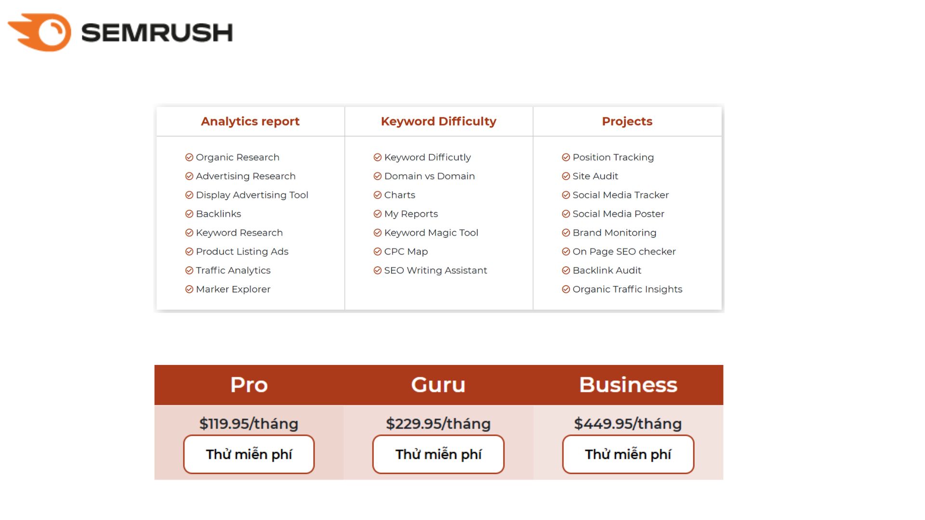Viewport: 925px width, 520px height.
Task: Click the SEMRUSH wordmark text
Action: (157, 33)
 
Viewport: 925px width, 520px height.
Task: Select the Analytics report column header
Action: (250, 121)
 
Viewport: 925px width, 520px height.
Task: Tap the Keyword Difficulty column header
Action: (438, 121)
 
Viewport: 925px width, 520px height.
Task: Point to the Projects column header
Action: (627, 121)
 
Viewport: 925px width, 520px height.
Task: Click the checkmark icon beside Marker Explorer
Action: (189, 289)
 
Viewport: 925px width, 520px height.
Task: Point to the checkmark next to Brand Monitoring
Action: (566, 233)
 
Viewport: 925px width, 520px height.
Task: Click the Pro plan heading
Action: (249, 385)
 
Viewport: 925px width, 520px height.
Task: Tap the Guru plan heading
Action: (438, 385)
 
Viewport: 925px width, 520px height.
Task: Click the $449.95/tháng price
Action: (628, 424)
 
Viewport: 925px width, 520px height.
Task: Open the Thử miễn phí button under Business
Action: (628, 454)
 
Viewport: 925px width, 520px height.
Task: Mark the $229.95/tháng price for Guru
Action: (438, 424)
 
